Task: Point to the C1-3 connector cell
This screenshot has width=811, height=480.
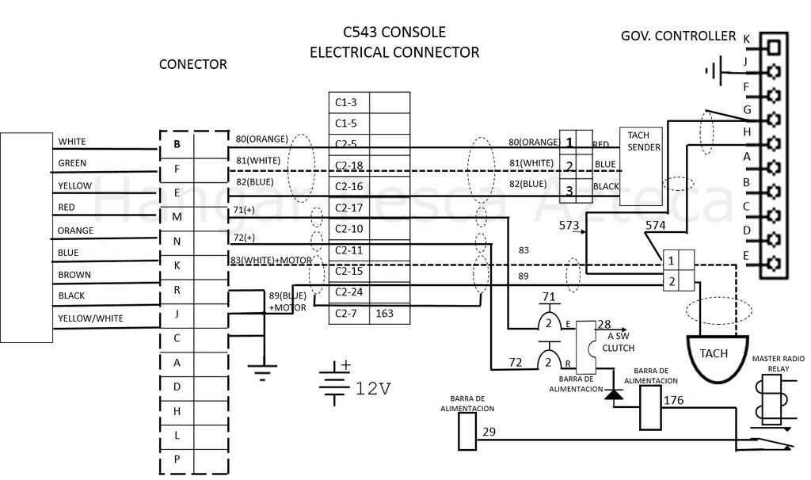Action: (348, 102)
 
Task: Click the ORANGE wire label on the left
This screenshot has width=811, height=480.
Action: (75, 230)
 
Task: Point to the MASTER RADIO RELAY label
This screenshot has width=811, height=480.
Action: (777, 363)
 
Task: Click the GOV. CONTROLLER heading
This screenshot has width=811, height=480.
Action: (678, 36)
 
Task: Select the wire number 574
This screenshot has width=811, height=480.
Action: (655, 226)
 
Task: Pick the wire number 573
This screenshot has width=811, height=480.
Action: (569, 227)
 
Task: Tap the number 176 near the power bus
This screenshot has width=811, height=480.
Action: (673, 400)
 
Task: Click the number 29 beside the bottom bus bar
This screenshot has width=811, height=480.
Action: (489, 431)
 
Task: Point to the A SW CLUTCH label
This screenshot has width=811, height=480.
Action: (618, 341)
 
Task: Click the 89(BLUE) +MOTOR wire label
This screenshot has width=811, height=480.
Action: (287, 301)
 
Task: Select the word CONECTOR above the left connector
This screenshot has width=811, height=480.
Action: (192, 65)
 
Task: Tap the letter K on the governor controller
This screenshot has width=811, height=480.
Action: (746, 37)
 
